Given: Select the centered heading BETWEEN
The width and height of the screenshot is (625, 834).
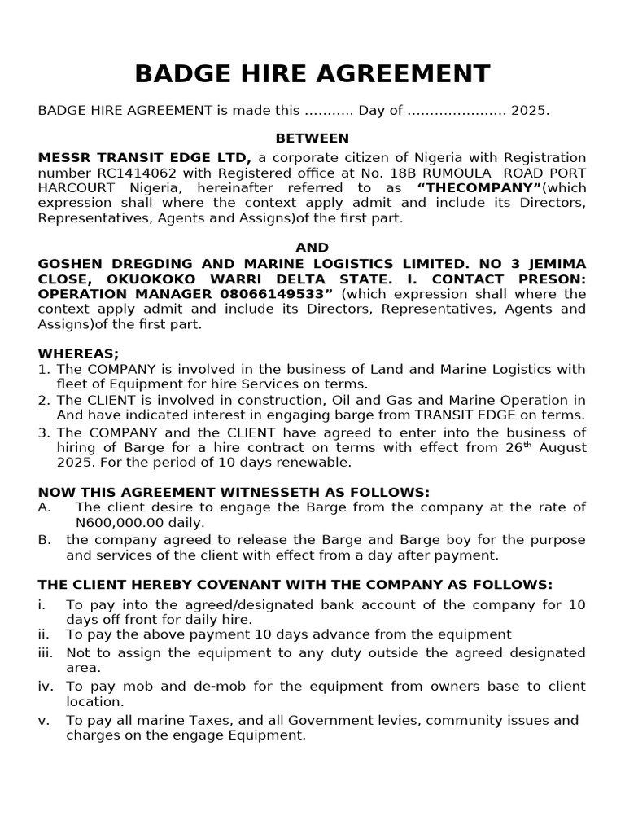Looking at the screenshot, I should (x=312, y=138).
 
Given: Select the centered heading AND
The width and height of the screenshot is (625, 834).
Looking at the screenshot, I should (x=312, y=248).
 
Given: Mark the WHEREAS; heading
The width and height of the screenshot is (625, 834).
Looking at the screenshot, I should (x=78, y=353).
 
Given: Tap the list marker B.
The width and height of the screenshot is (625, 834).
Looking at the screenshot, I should (x=44, y=540).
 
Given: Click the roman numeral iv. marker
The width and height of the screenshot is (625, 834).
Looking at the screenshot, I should (x=46, y=687).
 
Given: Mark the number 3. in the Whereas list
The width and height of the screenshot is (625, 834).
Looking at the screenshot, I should (x=44, y=432).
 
